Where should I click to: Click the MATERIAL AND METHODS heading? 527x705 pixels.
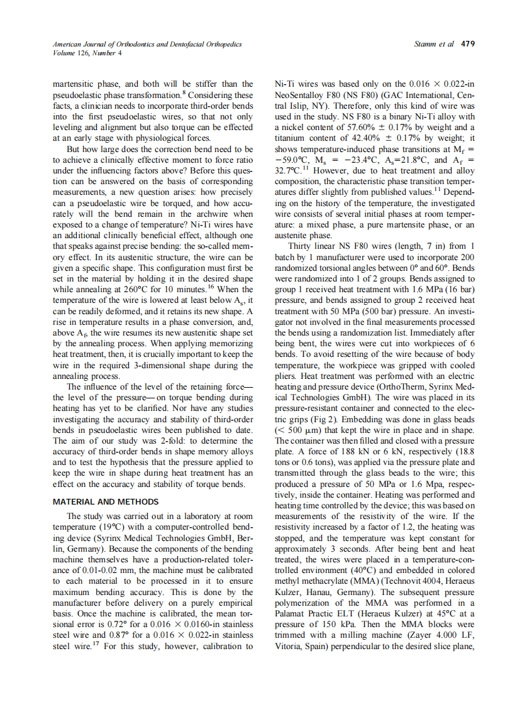(x=106, y=501)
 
